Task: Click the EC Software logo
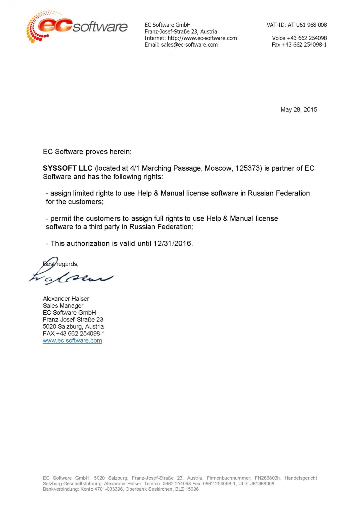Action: [77, 26]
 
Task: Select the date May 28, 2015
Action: [299, 110]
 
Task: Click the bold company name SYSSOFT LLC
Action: [68, 168]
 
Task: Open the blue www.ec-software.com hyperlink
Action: [72, 341]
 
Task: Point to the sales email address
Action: [189, 45]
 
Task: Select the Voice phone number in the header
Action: [307, 38]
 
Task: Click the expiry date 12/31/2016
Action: [172, 243]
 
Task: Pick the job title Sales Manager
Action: [63, 306]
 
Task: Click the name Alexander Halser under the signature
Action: [66, 299]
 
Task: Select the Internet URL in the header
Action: [202, 38]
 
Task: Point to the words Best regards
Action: [61, 264]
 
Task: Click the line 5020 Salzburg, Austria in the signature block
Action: [73, 327]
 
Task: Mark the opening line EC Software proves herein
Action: [87, 152]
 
